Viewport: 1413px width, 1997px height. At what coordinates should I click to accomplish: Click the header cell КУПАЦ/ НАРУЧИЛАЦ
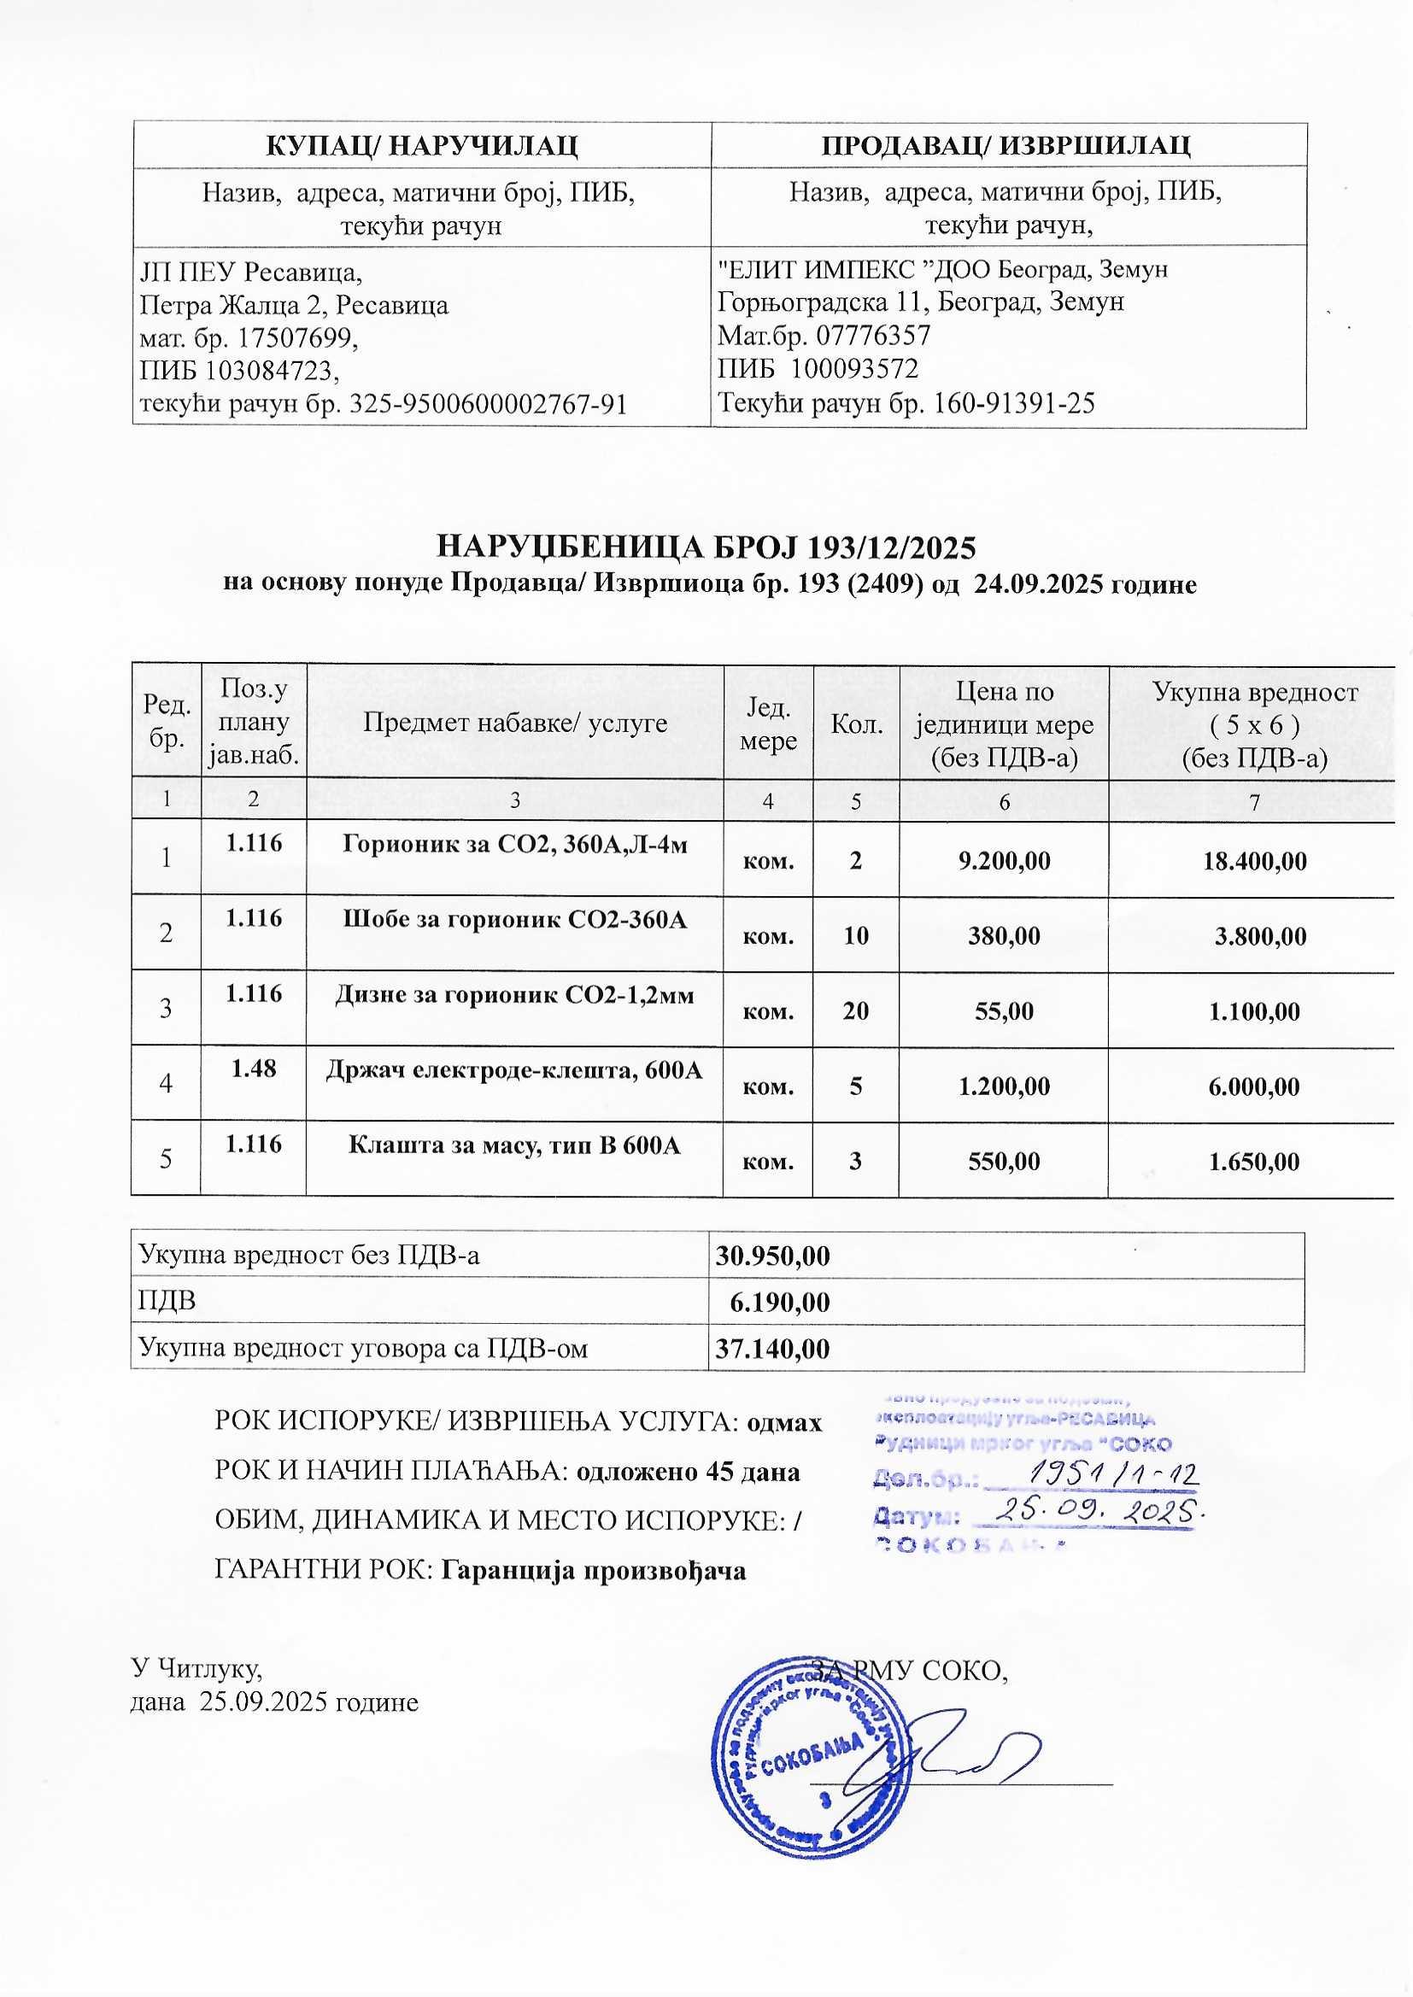tap(421, 145)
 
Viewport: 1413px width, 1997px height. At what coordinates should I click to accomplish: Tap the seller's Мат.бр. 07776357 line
tap(823, 336)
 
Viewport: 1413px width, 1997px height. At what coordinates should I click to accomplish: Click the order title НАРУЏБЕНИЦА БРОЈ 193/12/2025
tap(706, 548)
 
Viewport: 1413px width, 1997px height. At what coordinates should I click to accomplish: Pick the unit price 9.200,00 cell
tap(1003, 861)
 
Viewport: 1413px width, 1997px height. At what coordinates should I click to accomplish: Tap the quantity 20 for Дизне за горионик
tap(856, 1010)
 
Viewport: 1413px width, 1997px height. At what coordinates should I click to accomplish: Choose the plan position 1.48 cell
tap(253, 1068)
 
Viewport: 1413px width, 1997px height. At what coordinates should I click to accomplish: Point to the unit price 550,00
tap(1003, 1161)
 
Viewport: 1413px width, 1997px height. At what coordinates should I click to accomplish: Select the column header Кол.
tap(856, 723)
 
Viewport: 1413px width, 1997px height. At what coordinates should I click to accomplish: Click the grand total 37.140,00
tap(771, 1349)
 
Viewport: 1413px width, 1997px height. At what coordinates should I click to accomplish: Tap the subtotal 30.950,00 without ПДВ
tap(771, 1256)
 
